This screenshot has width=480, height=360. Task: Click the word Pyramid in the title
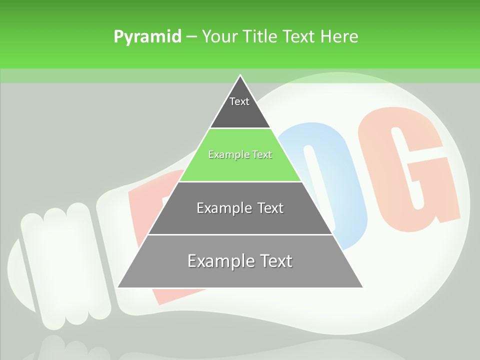[x=147, y=37]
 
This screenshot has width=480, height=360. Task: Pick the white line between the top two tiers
[x=240, y=128]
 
